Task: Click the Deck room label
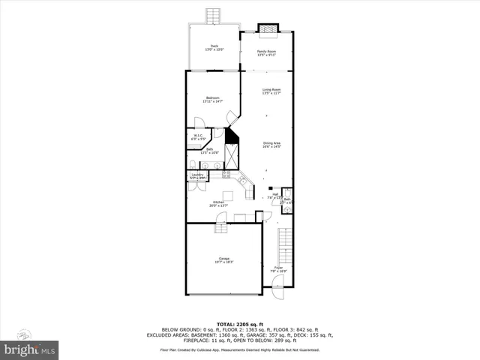click(x=214, y=48)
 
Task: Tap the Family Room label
click(x=267, y=52)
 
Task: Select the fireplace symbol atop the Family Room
click(x=268, y=29)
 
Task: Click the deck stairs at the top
click(x=214, y=16)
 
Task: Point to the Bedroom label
click(x=214, y=99)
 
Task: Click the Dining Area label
click(x=271, y=145)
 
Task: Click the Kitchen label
click(x=218, y=203)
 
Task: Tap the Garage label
click(x=224, y=259)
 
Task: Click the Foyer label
click(x=278, y=268)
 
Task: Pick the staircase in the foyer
click(x=284, y=244)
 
